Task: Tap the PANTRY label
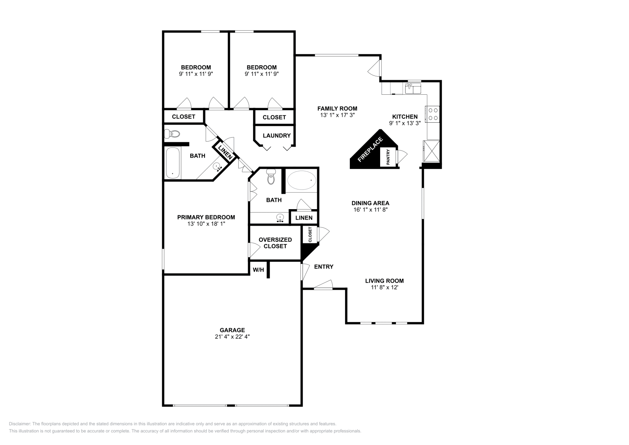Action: pos(388,157)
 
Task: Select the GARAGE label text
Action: pos(232,330)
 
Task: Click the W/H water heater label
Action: pos(258,270)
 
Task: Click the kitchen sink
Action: pos(413,88)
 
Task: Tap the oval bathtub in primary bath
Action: pos(301,180)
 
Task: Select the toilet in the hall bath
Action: pos(172,134)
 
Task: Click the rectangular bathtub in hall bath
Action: pos(173,163)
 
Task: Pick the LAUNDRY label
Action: pos(276,136)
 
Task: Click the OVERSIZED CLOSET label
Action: pos(275,243)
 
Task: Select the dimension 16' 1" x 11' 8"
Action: pos(370,210)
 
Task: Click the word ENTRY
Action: pos(324,267)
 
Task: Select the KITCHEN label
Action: pos(405,117)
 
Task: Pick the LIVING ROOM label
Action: pos(384,281)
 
